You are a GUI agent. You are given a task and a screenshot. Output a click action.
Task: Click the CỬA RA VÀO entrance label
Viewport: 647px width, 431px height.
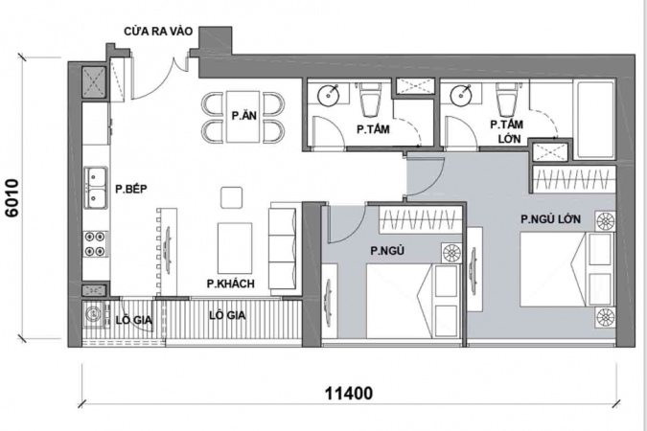pyautogui.click(x=158, y=32)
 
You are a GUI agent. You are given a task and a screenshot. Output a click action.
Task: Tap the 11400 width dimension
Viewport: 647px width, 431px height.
pyautogui.click(x=349, y=393)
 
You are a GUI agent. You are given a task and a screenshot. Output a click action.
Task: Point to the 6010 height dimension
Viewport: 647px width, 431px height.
pyautogui.click(x=12, y=198)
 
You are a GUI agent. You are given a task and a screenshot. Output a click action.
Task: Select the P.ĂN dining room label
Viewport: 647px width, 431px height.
pyautogui.click(x=243, y=116)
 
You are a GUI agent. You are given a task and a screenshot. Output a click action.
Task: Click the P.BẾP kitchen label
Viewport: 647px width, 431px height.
pyautogui.click(x=131, y=190)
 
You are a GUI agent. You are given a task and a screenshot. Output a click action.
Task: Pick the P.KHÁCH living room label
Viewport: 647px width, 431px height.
pyautogui.click(x=231, y=284)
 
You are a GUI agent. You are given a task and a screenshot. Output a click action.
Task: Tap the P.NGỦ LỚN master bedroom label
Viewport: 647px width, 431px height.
pyautogui.click(x=550, y=219)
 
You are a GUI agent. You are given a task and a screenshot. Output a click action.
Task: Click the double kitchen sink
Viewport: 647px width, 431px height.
pyautogui.click(x=96, y=188)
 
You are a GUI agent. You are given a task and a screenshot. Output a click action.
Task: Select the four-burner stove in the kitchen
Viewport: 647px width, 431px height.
pyautogui.click(x=96, y=243)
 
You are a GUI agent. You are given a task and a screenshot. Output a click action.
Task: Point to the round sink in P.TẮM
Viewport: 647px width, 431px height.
pyautogui.click(x=329, y=95)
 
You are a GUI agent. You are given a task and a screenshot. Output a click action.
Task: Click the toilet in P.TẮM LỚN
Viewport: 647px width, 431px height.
pyautogui.click(x=507, y=100)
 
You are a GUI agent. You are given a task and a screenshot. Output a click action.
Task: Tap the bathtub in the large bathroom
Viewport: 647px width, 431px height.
pyautogui.click(x=595, y=120)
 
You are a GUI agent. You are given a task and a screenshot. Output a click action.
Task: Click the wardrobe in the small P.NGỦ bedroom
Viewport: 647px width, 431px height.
pyautogui.click(x=420, y=220)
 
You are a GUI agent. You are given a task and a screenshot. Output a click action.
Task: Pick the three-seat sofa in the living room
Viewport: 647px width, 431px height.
pyautogui.click(x=283, y=246)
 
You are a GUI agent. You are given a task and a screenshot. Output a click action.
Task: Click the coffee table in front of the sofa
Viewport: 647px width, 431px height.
pyautogui.click(x=235, y=248)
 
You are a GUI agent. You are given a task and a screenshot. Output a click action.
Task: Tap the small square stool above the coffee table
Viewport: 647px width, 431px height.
pyautogui.click(x=232, y=197)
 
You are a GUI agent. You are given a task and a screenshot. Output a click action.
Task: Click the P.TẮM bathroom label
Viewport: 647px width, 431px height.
pyautogui.click(x=373, y=129)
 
